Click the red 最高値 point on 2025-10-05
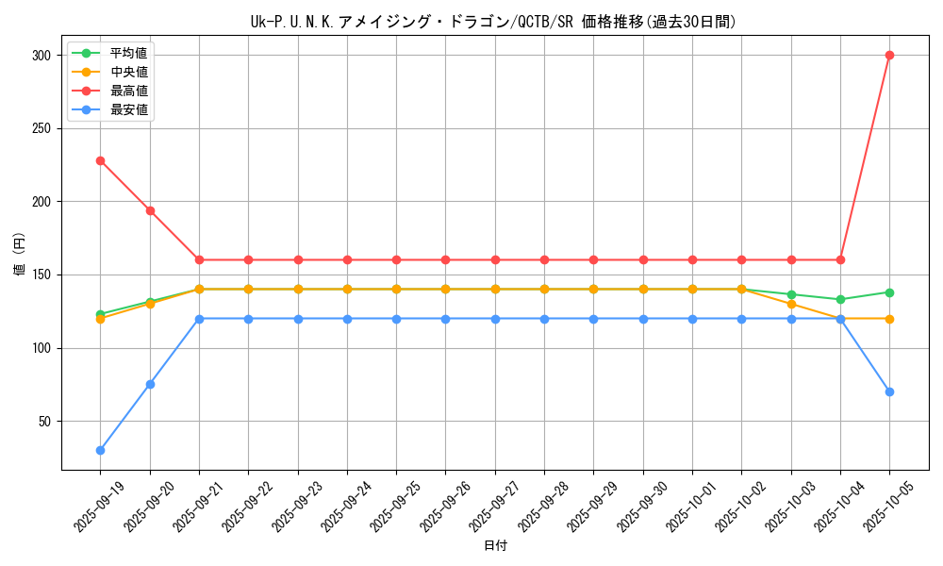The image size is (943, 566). point(889,55)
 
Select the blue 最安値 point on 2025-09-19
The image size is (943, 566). point(100,450)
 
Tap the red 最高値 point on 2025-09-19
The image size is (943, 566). point(100,160)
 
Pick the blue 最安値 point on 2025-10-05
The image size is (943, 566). point(889,391)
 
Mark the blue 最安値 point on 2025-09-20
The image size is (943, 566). point(150,384)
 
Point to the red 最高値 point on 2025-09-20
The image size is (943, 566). point(150,210)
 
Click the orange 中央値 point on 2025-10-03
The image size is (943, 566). point(791,304)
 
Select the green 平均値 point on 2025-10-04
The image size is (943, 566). point(840,299)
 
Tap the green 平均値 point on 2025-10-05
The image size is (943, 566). point(889,292)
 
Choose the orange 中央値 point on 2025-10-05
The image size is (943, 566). point(889,319)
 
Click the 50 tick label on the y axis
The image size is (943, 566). point(44,422)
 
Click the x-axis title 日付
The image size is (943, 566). point(495,546)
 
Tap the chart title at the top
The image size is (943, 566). point(494,22)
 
